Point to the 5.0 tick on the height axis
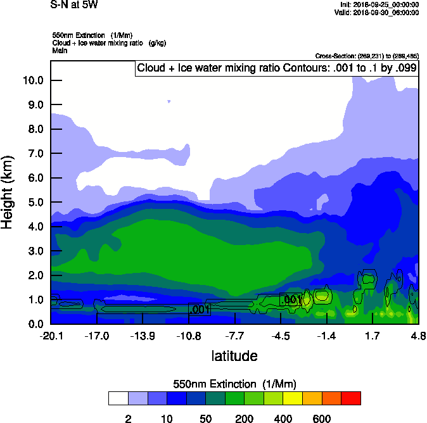[x=33, y=203]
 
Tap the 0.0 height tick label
[x=33, y=324]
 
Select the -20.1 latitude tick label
[x=51, y=336]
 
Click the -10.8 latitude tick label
[x=188, y=336]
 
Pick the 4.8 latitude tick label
[x=417, y=336]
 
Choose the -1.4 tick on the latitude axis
[x=326, y=336]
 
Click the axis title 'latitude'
[x=234, y=356]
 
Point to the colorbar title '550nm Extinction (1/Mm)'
[x=234, y=384]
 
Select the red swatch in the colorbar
[x=351, y=398]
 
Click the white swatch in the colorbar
[x=118, y=398]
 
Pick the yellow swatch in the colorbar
[x=293, y=398]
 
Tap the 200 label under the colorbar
[x=245, y=419]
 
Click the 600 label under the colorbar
[x=322, y=419]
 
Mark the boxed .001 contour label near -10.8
[x=199, y=310]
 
